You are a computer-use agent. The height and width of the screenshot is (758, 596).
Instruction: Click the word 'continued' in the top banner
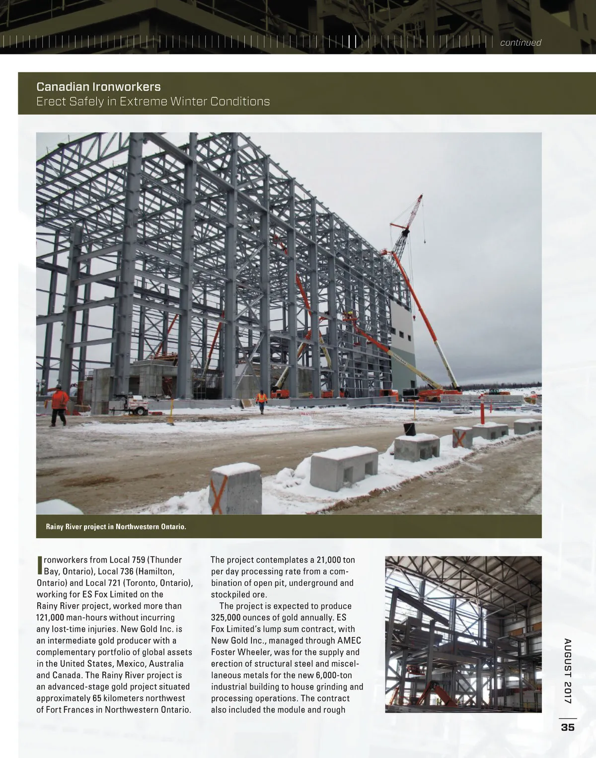click(520, 43)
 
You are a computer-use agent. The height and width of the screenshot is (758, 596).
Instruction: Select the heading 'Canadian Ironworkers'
click(98, 87)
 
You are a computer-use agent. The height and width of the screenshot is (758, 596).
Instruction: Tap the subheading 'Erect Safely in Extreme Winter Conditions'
click(153, 102)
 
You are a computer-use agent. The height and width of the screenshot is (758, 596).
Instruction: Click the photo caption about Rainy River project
click(116, 526)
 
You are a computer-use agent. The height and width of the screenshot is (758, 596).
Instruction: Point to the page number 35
click(567, 727)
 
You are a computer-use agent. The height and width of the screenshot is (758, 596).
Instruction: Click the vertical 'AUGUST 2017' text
click(568, 670)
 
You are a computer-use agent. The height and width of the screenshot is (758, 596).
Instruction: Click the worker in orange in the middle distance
click(261, 401)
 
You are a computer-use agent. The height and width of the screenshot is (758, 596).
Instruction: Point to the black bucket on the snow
click(409, 428)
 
